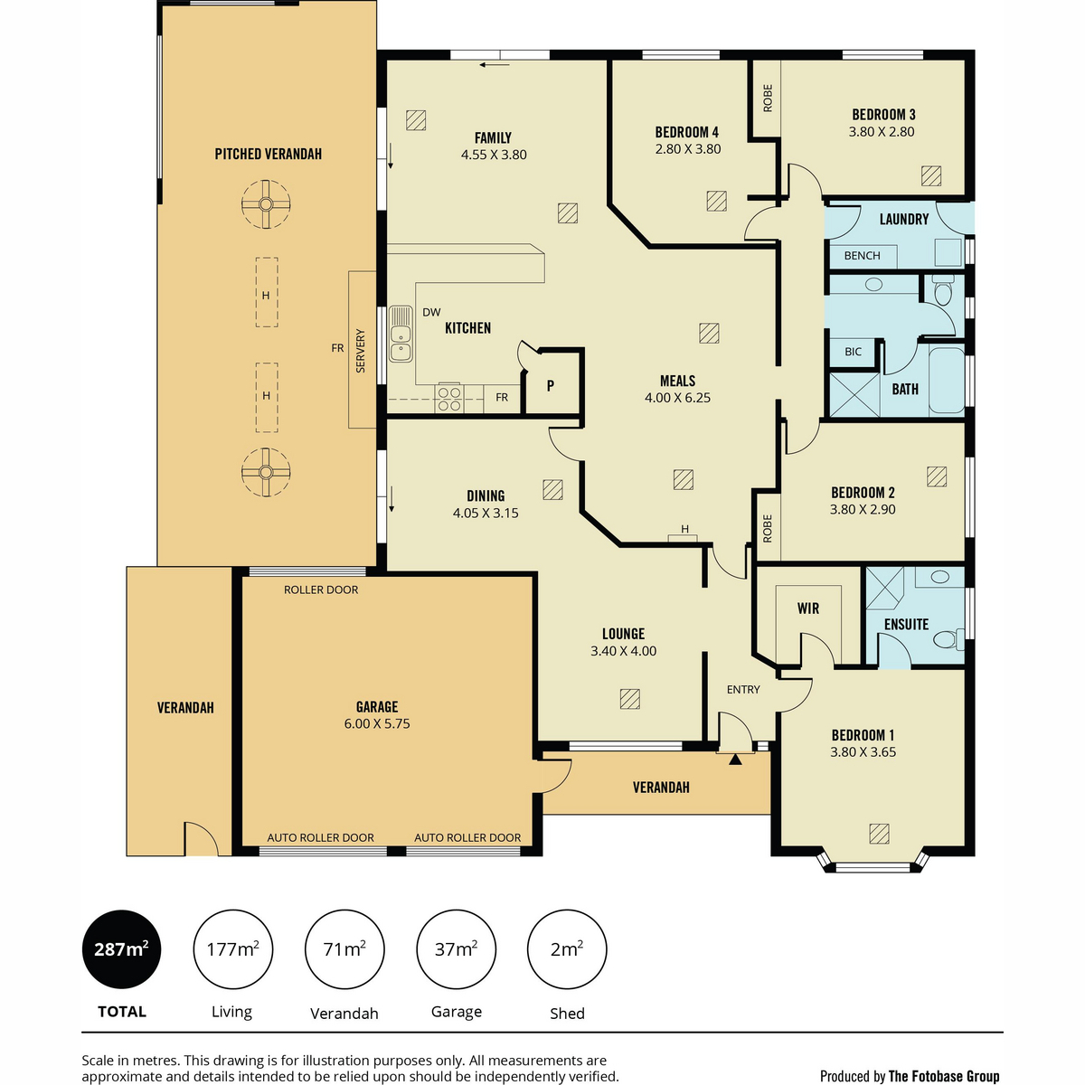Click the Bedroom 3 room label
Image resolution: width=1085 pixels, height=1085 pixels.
(x=882, y=115)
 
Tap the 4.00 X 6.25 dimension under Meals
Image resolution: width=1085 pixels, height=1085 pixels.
(x=677, y=398)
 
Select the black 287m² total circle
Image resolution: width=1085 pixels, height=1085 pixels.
(x=122, y=948)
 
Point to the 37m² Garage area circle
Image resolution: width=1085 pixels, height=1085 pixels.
(x=456, y=948)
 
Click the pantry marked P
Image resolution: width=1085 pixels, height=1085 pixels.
(x=551, y=385)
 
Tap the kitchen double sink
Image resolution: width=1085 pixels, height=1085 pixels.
(x=401, y=334)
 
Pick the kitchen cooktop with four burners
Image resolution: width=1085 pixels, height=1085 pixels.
(x=449, y=398)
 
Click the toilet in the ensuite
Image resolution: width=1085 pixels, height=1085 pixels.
(x=948, y=639)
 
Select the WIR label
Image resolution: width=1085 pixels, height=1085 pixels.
(x=808, y=609)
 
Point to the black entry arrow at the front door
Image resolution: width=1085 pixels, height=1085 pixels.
(x=735, y=759)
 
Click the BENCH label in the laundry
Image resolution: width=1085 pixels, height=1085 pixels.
(x=862, y=256)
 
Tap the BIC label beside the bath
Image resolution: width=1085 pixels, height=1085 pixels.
(x=853, y=352)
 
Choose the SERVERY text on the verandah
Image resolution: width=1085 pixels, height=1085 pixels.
(x=361, y=351)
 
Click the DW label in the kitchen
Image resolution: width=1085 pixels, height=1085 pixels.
(x=431, y=313)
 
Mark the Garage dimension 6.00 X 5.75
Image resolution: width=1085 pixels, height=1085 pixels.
(x=377, y=723)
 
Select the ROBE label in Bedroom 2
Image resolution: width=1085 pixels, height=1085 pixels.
(x=768, y=529)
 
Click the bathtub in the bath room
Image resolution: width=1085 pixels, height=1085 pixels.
(x=947, y=381)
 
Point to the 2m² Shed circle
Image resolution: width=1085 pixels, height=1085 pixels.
(x=567, y=948)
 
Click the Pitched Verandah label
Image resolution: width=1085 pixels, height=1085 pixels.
(x=268, y=154)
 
